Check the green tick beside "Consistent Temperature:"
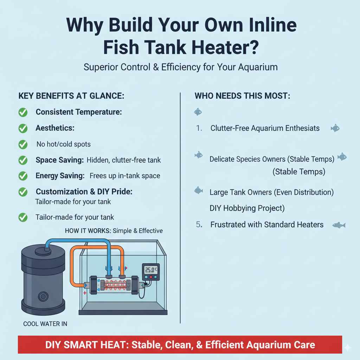coord(23,112)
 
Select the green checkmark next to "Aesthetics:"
coord(23,128)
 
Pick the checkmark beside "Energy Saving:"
coord(23,176)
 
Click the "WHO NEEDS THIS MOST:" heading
coord(243,96)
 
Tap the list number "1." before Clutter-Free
coord(199,128)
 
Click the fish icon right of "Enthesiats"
coord(335,128)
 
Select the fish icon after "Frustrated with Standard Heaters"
coord(339,225)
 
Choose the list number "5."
coord(199,225)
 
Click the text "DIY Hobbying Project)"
coord(247,208)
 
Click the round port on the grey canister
coord(43,297)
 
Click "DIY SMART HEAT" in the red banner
coord(86,345)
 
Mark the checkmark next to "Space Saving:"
coord(23,160)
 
